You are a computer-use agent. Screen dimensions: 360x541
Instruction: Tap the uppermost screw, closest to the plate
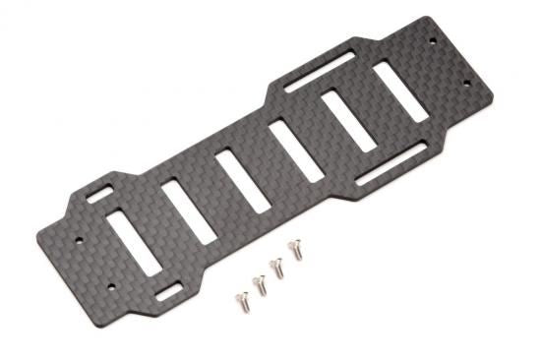click(293, 249)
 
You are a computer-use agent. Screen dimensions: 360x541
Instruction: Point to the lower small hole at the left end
click(111, 287)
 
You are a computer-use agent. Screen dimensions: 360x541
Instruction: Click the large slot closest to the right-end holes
click(398, 90)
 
